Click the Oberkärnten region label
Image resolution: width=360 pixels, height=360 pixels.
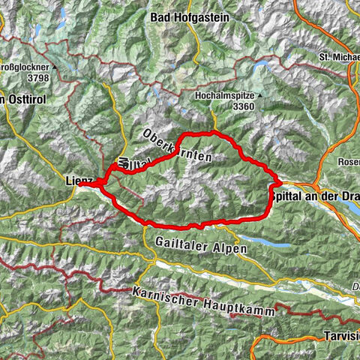[x=176, y=146]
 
